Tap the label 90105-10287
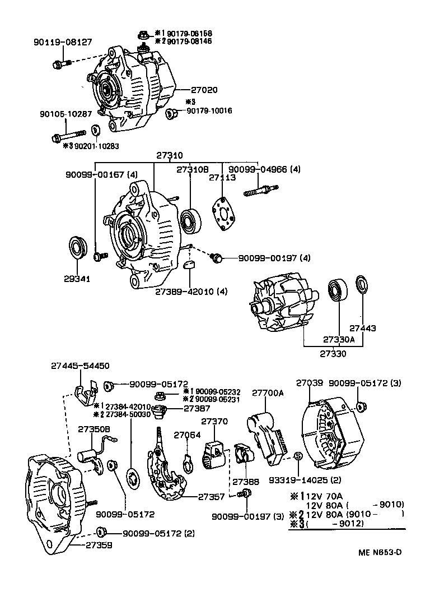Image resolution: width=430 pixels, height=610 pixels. [66, 114]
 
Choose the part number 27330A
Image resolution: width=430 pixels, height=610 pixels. [339, 339]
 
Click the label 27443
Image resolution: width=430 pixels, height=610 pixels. [362, 329]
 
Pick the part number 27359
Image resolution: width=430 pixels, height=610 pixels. [99, 544]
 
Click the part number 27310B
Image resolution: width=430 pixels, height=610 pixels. [193, 169]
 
